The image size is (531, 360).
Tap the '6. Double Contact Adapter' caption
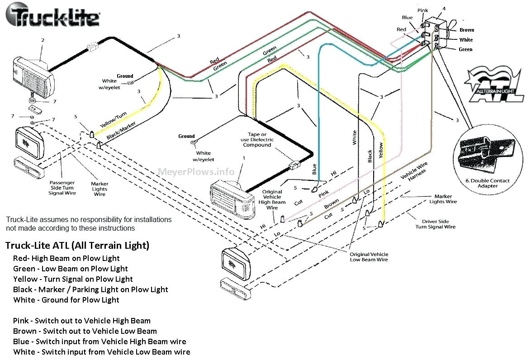(x=487, y=183)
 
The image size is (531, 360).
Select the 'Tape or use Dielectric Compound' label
(x=257, y=140)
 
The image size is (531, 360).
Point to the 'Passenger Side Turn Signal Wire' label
(x=62, y=188)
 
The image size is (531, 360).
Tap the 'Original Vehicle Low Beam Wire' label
(x=369, y=257)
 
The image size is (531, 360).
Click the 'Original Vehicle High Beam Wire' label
(x=272, y=199)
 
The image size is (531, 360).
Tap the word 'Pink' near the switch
(x=422, y=10)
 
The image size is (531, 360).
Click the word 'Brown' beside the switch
(x=466, y=30)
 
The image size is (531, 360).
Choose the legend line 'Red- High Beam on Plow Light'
(x=66, y=258)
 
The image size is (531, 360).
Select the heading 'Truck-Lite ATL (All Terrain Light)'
(x=77, y=246)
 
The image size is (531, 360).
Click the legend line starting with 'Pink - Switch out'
(x=82, y=321)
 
